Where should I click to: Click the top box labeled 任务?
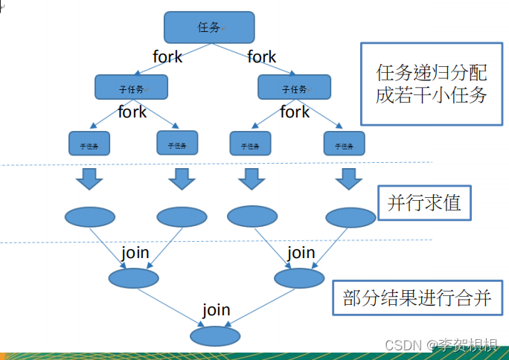[209, 28]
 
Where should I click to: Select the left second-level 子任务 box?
[132, 88]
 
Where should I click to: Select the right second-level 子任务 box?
[294, 88]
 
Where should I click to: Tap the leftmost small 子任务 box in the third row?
[89, 143]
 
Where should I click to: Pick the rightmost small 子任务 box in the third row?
[344, 143]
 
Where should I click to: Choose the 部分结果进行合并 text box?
[417, 299]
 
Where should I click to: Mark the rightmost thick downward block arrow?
[347, 179]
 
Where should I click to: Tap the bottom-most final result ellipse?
[215, 336]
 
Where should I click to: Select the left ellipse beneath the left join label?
[133, 278]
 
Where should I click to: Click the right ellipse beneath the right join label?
[299, 278]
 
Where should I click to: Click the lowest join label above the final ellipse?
[216, 310]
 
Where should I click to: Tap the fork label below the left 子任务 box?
[132, 112]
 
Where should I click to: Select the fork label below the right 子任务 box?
[295, 112]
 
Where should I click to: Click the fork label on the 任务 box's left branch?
[167, 57]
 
